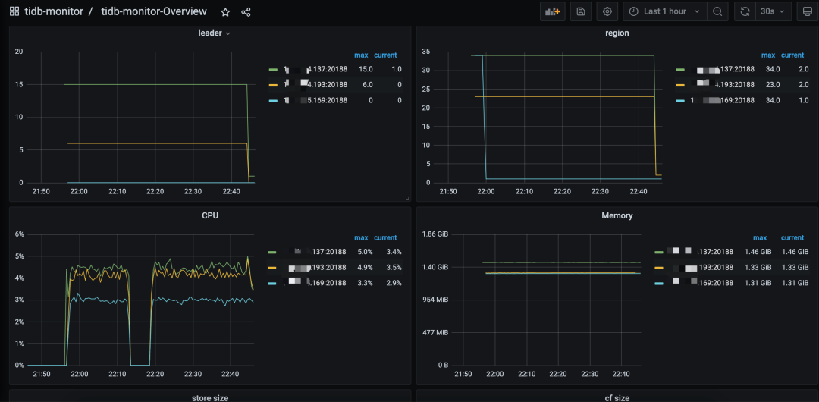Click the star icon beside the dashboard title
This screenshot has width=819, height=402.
225,12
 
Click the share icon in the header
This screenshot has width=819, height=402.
246,12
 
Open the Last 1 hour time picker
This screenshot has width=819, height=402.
664,11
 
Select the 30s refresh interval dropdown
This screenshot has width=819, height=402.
773,11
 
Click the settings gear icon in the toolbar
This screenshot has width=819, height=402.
606,11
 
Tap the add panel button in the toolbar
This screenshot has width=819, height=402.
552,11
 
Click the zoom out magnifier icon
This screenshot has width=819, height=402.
717,11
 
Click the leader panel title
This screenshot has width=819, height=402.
210,33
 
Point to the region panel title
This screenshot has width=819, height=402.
617,33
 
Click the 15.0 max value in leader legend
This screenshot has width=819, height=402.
366,69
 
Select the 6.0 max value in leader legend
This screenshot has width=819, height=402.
367,84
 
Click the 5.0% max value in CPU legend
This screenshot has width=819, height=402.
365,252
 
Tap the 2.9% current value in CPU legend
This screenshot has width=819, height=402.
393,283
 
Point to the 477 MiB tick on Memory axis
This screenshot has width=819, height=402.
436,332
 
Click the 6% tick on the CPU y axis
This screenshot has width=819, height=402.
20,234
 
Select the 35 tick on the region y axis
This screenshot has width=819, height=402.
425,52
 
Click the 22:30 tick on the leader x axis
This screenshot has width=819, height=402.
193,191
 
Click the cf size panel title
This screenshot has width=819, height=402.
617,397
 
